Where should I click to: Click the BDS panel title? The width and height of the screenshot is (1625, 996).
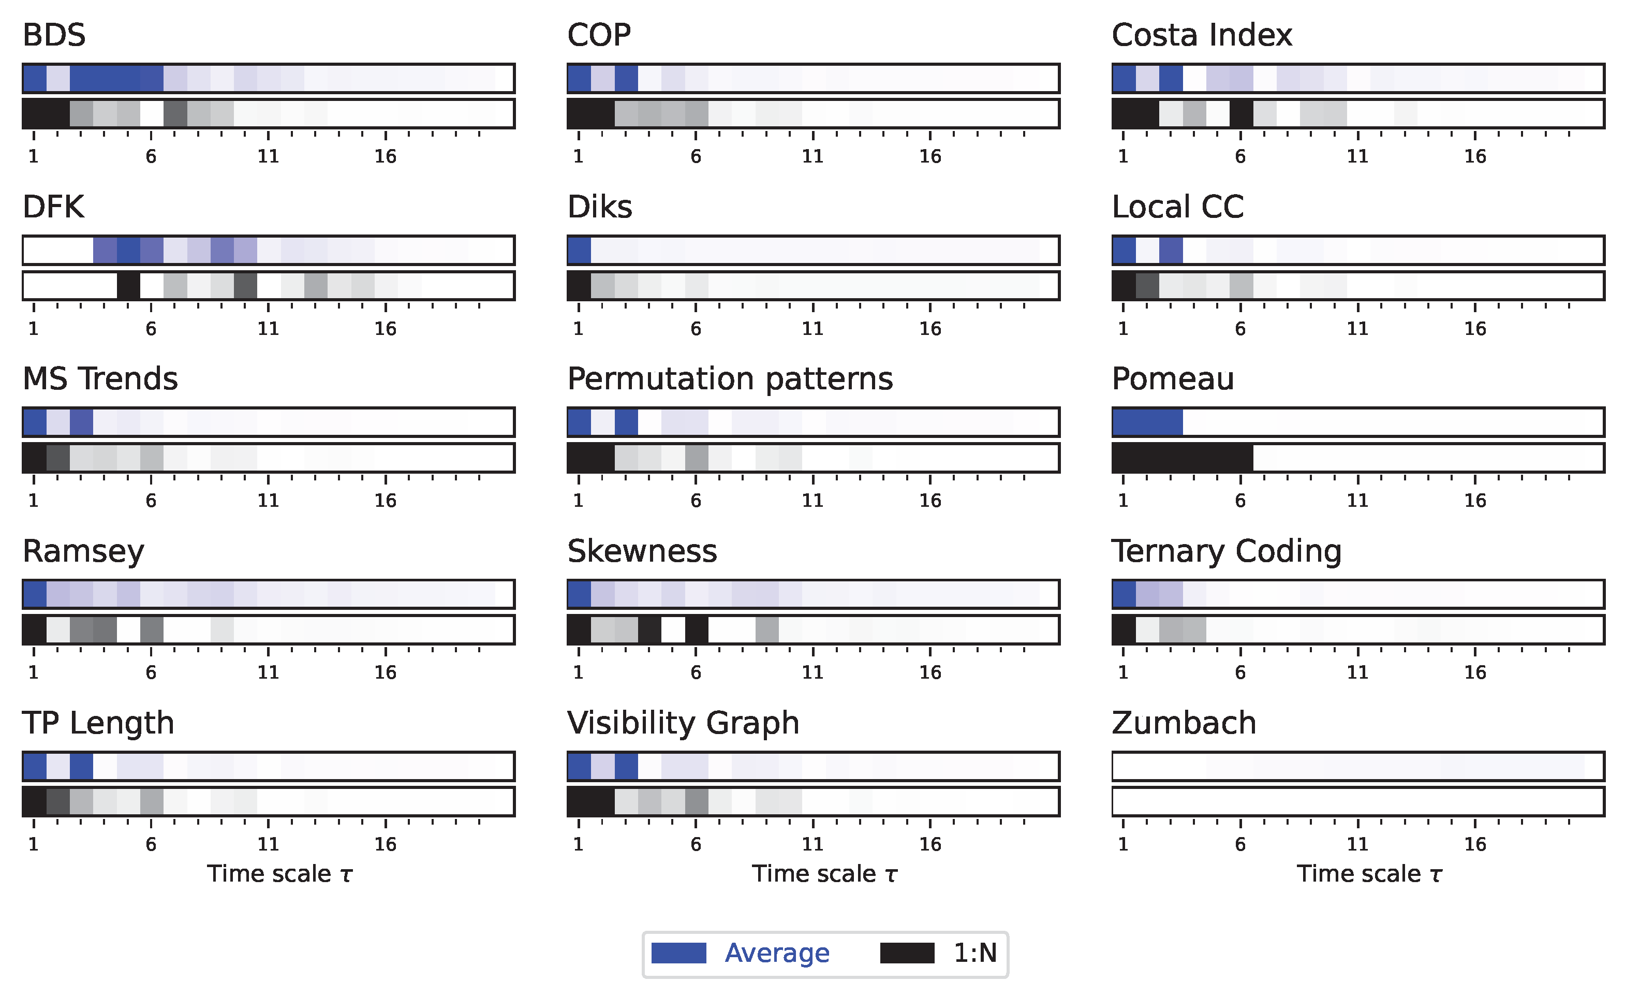click(x=54, y=35)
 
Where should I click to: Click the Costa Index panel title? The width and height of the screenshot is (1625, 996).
click(x=1202, y=35)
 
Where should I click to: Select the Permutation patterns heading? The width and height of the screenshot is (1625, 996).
click(x=729, y=379)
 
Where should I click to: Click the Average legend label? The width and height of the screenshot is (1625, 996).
click(x=776, y=953)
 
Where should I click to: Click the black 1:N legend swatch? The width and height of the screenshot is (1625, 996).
click(x=907, y=953)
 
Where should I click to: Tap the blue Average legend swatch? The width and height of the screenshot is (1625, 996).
click(x=678, y=953)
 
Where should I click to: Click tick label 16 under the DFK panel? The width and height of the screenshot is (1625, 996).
click(x=385, y=329)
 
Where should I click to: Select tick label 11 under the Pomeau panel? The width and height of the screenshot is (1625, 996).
click(x=1357, y=501)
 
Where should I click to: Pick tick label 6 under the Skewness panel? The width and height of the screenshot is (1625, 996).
click(x=695, y=673)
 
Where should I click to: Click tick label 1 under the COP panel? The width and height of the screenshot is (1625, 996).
click(x=579, y=156)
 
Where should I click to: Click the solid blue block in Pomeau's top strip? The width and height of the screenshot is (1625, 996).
click(x=1147, y=422)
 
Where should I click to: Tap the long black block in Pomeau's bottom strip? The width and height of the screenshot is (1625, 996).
click(x=1183, y=458)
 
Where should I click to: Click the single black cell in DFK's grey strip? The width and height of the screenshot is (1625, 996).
click(x=128, y=286)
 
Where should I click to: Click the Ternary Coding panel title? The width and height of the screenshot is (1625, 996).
click(x=1226, y=551)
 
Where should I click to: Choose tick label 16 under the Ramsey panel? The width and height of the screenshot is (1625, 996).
click(x=385, y=673)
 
